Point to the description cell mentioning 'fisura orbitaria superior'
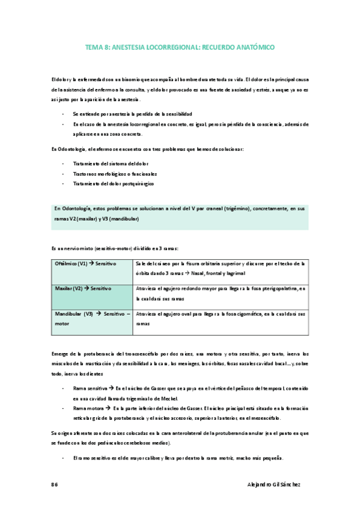220,268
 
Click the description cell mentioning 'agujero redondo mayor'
220,293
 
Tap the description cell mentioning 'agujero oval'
220,318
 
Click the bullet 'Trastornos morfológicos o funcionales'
114,173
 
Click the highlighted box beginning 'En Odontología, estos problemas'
180,214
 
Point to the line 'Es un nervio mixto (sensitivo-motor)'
114,248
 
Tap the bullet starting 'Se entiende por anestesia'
132,114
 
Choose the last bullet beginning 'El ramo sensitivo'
177,459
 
